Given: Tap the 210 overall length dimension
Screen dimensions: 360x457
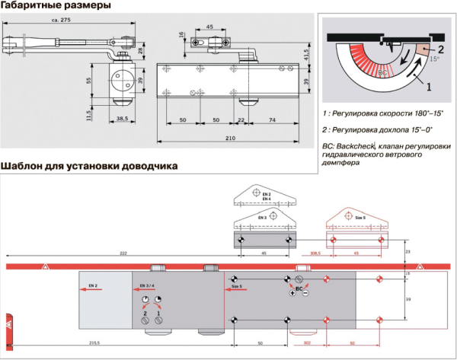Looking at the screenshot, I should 230,139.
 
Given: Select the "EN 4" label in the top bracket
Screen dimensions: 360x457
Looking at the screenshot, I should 267,199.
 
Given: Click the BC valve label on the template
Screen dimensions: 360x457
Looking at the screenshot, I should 299,290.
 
